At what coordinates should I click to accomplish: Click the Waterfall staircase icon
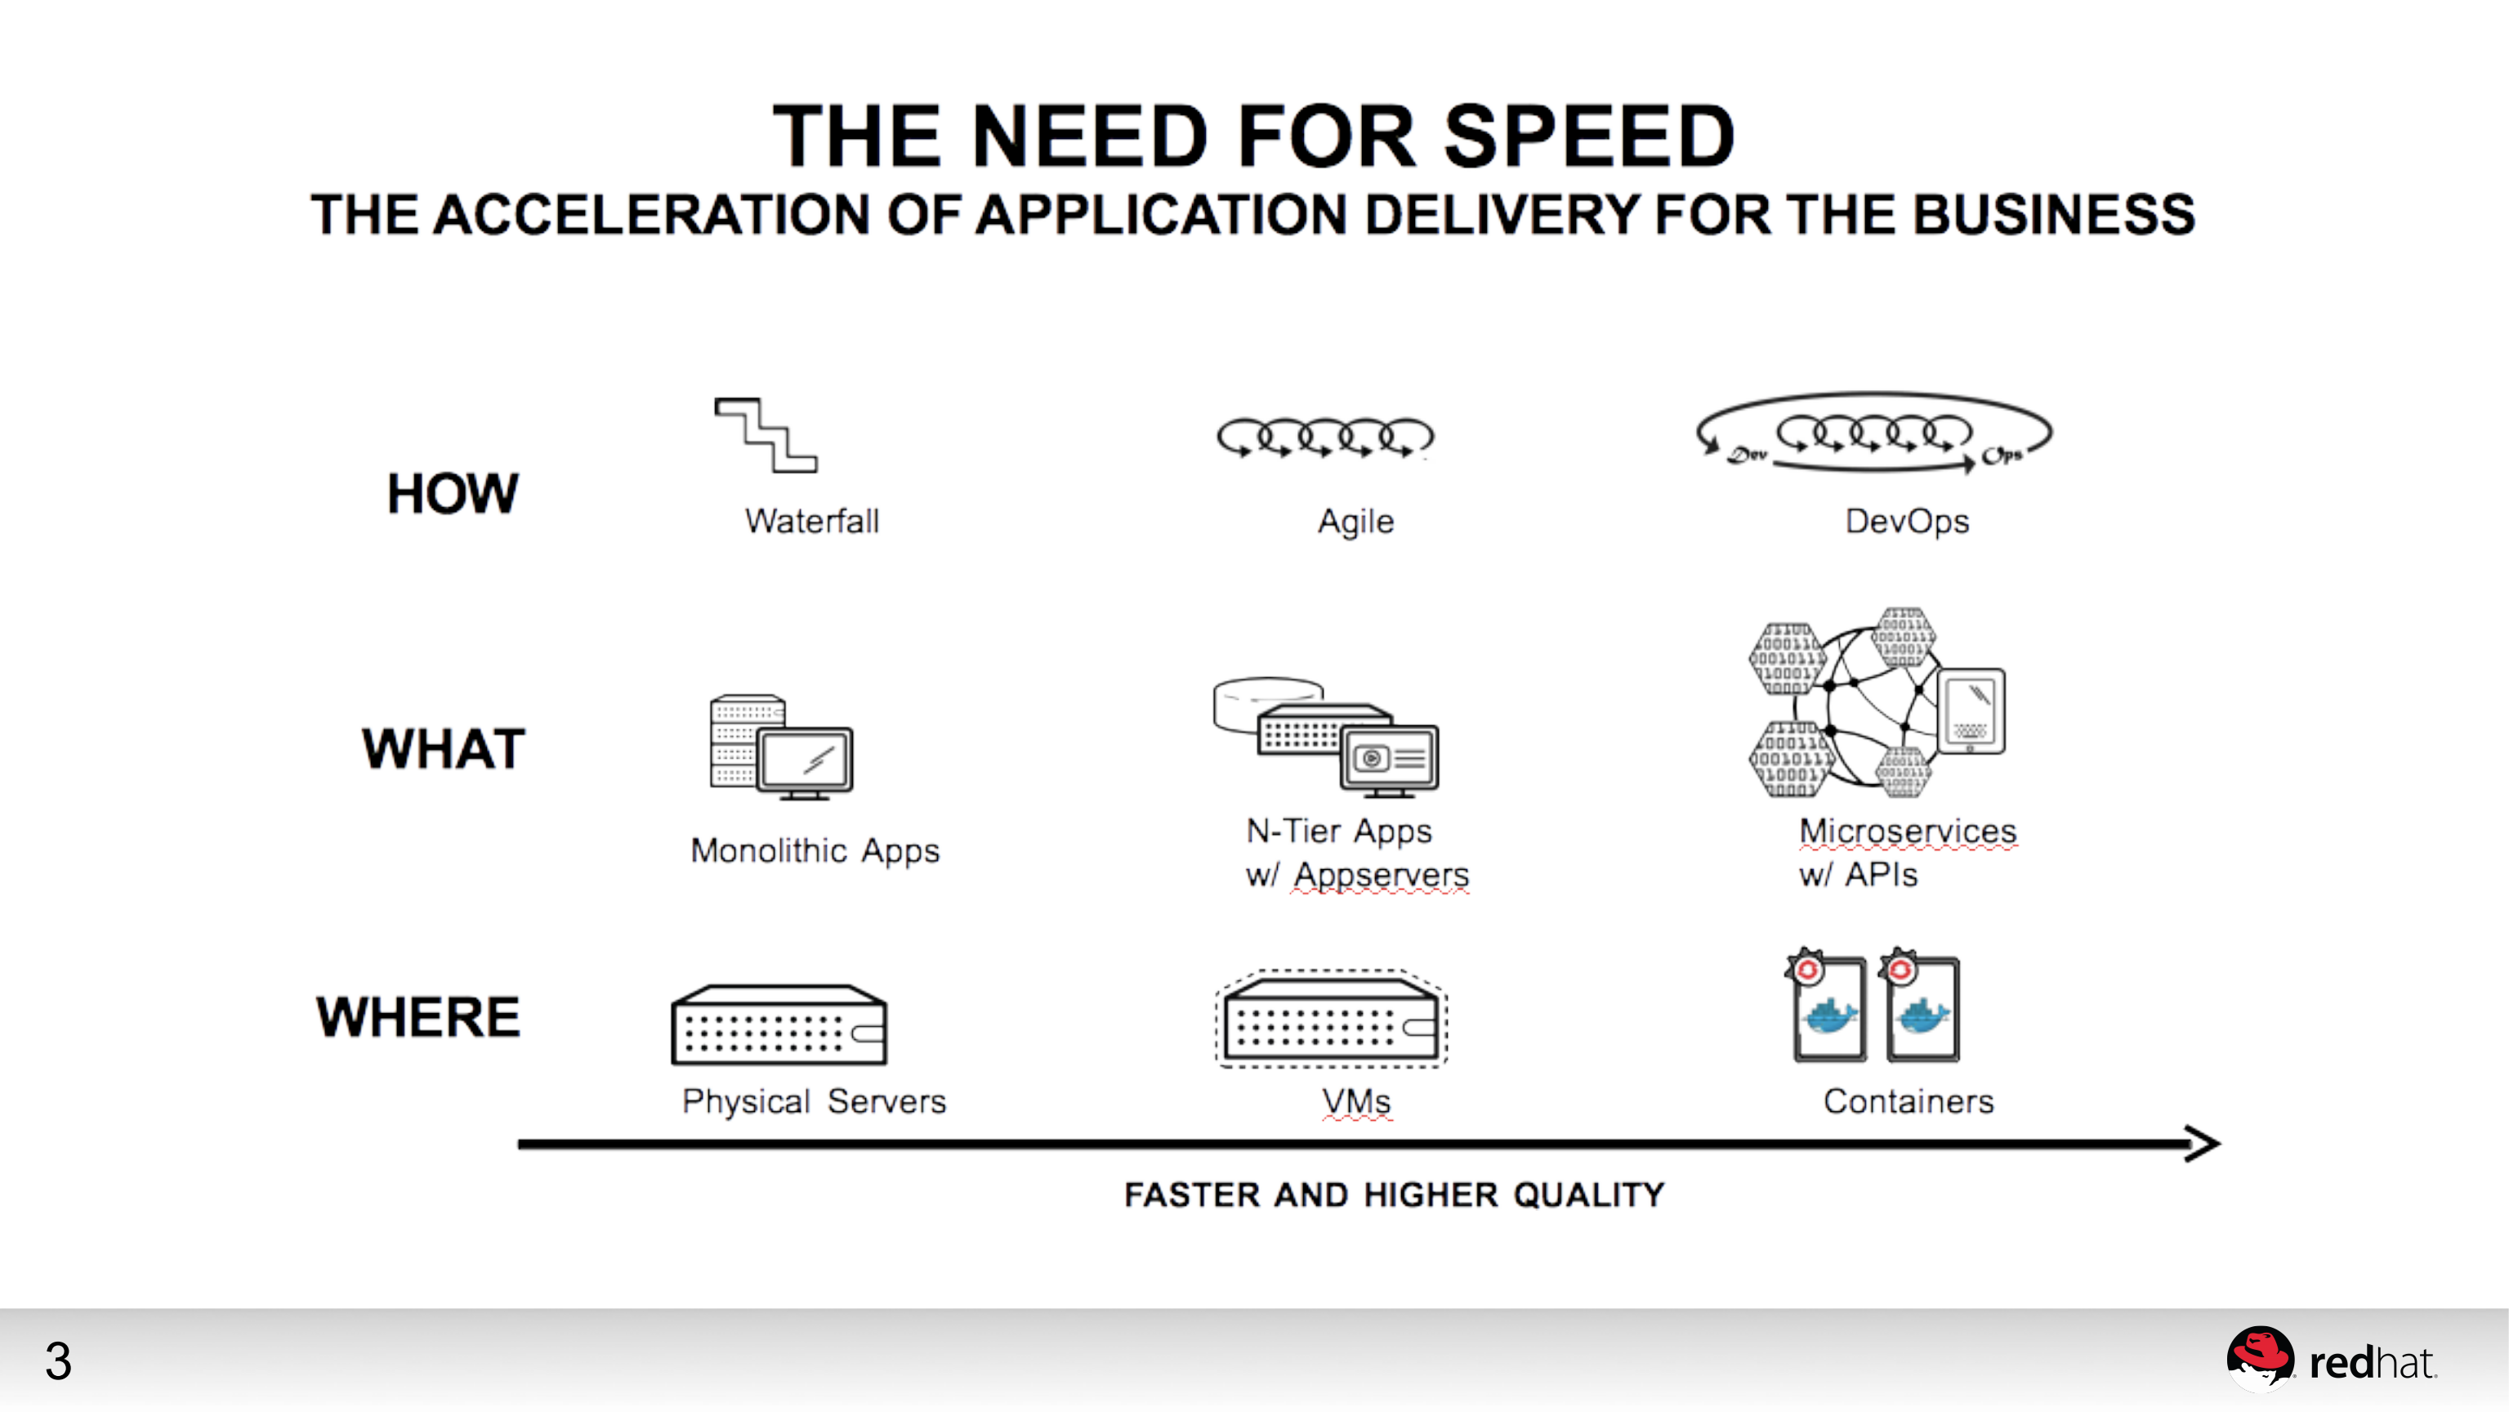tap(766, 435)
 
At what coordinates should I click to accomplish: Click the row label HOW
tap(453, 493)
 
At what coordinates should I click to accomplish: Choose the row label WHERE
tap(419, 1016)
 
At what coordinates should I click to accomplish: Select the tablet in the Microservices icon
tap(1971, 710)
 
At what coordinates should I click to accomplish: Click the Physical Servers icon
tap(779, 1025)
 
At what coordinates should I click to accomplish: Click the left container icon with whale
tap(1828, 1010)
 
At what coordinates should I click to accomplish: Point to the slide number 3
tap(59, 1360)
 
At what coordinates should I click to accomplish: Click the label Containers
tap(1908, 1101)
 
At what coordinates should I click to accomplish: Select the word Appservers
tap(1380, 874)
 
